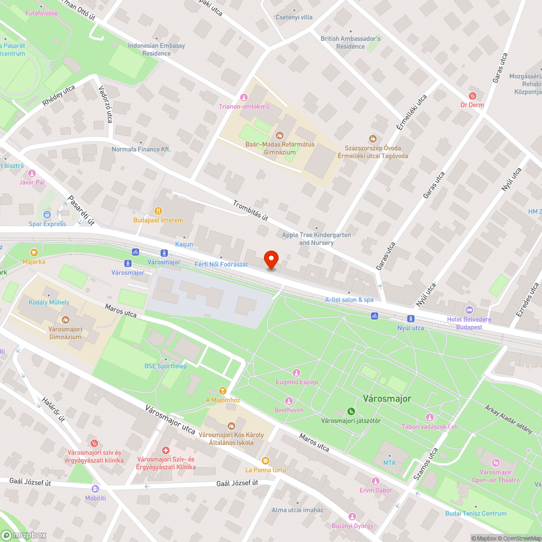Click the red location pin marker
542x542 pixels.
(270, 260)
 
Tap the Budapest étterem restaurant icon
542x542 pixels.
(158, 210)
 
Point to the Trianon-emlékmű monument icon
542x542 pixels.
(243, 97)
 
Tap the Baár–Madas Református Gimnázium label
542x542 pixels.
(280, 148)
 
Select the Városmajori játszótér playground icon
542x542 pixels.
(351, 411)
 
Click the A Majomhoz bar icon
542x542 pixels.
(222, 391)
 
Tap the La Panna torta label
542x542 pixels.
(266, 470)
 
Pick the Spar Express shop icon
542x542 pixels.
(47, 215)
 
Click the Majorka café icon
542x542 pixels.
(34, 253)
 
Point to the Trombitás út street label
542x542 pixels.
(250, 211)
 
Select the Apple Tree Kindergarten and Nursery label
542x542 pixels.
(316, 239)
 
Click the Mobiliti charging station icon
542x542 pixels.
(95, 488)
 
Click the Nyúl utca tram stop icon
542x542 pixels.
(411, 319)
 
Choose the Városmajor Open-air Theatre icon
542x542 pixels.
(495, 463)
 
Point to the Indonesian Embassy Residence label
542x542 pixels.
(157, 49)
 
